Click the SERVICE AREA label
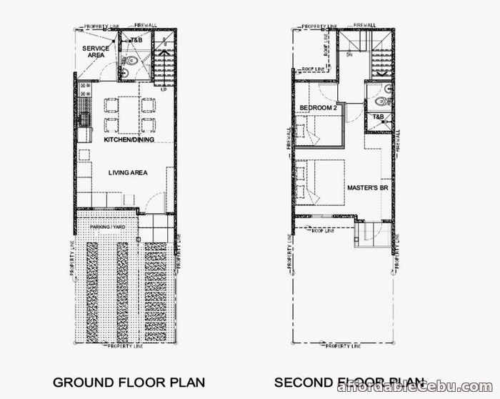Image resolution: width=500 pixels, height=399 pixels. pyautogui.click(x=96, y=51)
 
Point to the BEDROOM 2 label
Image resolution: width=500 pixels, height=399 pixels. pyautogui.click(x=318, y=108)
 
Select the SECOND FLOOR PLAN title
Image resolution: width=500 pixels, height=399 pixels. pyautogui.click(x=350, y=383)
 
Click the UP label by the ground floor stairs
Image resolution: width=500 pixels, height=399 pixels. pyautogui.click(x=163, y=89)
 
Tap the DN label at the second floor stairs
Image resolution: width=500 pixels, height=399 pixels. pyautogui.click(x=349, y=53)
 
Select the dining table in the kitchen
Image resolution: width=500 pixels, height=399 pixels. pyautogui.click(x=130, y=114)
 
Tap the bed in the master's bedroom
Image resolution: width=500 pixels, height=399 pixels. pyautogui.click(x=319, y=181)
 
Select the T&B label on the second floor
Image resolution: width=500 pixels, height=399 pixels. pyautogui.click(x=377, y=117)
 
